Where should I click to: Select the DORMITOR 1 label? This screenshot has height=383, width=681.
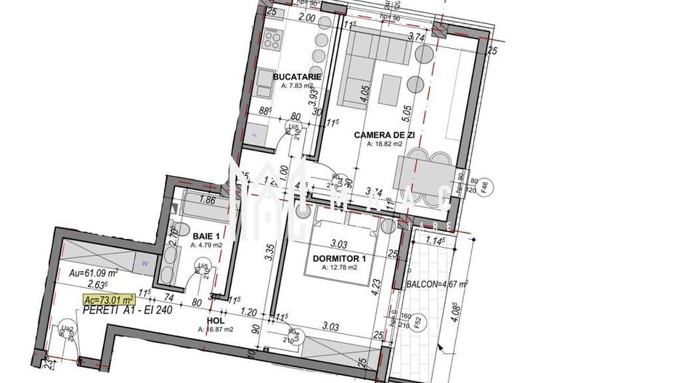pyautogui.click(x=339, y=258)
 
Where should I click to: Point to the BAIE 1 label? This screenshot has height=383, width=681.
pyautogui.click(x=206, y=235)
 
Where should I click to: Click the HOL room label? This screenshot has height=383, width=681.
pyautogui.click(x=215, y=320)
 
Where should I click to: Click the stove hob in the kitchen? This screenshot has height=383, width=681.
pyautogui.click(x=273, y=38)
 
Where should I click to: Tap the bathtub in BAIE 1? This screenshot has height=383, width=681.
pyautogui.click(x=206, y=205)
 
